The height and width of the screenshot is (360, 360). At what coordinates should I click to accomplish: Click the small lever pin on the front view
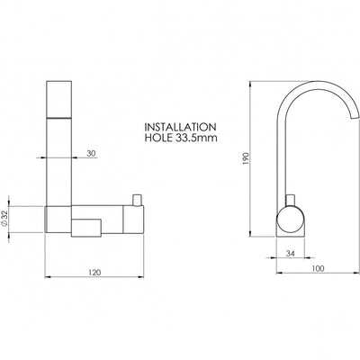pyautogui.click(x=138, y=200)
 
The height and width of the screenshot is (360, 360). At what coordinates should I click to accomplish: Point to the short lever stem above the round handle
pyautogui.click(x=289, y=201)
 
